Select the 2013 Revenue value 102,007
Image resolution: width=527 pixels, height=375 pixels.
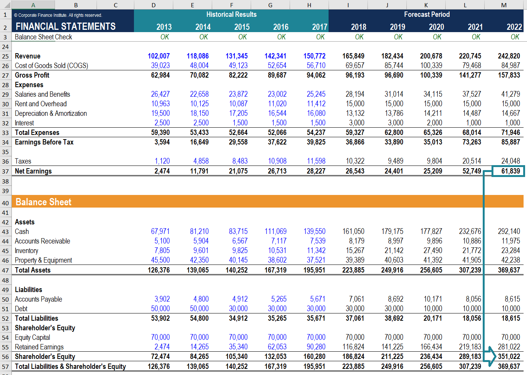(x=159, y=56)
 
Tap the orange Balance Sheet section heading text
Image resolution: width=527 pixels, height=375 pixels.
(x=44, y=202)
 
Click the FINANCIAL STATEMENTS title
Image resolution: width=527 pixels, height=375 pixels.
(x=66, y=26)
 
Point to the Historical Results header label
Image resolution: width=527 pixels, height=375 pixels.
(x=231, y=15)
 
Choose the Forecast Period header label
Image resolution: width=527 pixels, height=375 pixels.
(x=427, y=15)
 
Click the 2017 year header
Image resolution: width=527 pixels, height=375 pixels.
(x=319, y=27)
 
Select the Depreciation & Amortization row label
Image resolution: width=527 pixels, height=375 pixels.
(x=51, y=114)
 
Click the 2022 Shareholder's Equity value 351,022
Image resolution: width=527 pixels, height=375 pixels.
(x=509, y=356)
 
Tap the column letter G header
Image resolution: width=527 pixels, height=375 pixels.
(x=270, y=5)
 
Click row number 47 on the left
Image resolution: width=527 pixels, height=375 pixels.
(x=5, y=270)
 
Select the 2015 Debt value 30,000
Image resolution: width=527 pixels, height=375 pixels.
(x=238, y=308)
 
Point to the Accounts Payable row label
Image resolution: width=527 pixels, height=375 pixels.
(x=39, y=299)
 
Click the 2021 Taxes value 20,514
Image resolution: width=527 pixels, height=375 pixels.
(x=472, y=161)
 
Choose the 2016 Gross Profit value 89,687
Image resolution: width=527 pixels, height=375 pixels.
(x=277, y=75)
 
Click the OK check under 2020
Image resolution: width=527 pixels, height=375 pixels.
(x=437, y=37)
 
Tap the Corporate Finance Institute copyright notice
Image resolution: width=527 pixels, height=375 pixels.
(x=58, y=15)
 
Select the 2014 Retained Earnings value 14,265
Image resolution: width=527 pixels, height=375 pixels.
(x=199, y=347)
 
